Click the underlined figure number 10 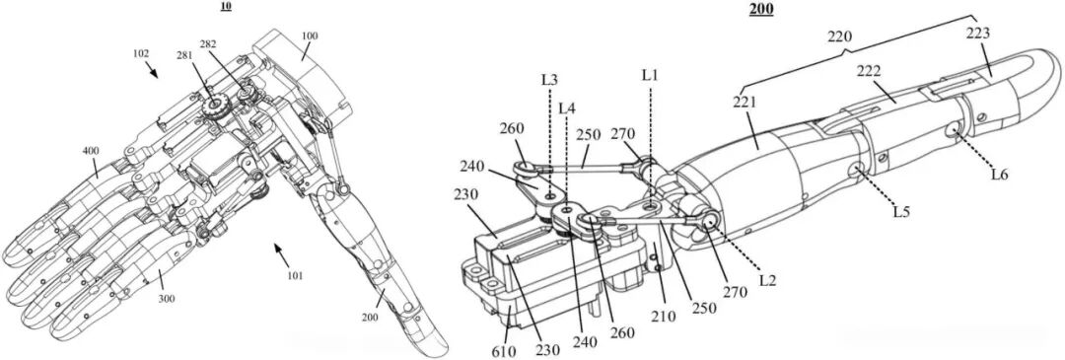tap(225, 8)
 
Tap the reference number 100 tap(309, 36)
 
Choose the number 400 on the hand tap(91, 150)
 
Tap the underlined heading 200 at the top tap(760, 9)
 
